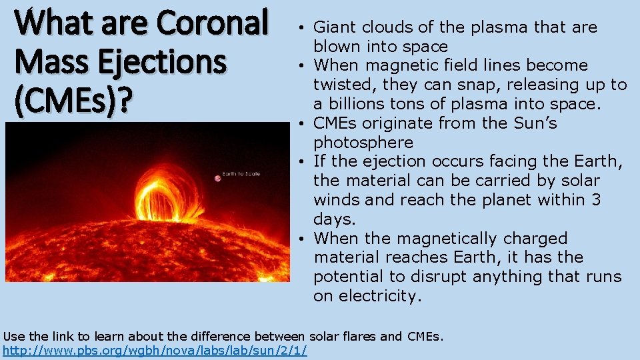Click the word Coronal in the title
(x=213, y=23)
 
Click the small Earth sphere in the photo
(x=217, y=178)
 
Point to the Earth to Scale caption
(x=241, y=174)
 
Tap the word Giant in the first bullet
(x=334, y=27)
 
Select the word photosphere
(x=363, y=143)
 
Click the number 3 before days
(x=596, y=200)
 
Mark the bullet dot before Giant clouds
(x=303, y=28)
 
